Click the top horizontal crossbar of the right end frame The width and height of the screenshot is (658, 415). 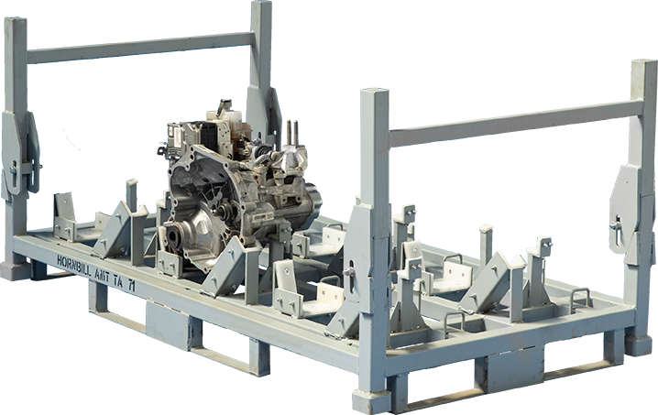pos(513,123)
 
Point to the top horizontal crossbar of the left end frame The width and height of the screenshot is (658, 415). pos(137,47)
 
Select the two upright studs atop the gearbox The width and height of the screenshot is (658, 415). pos(293,132)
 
